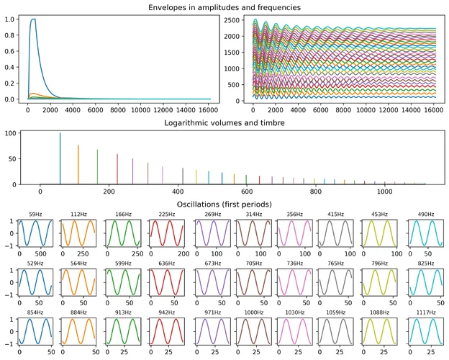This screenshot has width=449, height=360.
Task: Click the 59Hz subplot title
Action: coord(35,214)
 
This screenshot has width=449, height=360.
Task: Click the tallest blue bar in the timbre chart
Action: coord(60,158)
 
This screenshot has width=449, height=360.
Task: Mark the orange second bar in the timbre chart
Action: coord(78,164)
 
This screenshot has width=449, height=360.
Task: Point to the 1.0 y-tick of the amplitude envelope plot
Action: coord(11,19)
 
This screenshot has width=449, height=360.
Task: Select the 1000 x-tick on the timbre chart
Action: coord(384,193)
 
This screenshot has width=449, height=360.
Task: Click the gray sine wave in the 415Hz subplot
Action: coord(332,234)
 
